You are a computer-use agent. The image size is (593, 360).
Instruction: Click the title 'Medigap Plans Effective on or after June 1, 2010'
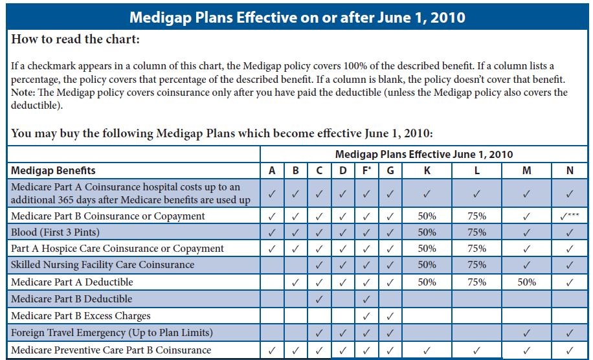click(296, 17)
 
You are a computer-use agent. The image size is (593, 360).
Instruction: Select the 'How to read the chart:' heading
click(76, 39)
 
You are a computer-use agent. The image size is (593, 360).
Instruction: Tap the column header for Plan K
click(427, 171)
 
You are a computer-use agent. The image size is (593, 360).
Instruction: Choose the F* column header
click(367, 171)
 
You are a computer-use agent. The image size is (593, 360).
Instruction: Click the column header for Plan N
click(570, 171)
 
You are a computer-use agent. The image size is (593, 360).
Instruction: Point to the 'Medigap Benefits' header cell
click(54, 171)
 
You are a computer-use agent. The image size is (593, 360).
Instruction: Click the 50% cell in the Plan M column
click(526, 282)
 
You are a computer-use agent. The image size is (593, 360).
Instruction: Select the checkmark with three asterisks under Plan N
click(570, 216)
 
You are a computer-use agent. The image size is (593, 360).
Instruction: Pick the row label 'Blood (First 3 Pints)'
click(55, 232)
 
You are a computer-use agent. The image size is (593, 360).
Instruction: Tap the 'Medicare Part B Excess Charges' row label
click(81, 316)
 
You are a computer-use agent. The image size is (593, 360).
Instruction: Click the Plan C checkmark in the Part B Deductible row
click(319, 299)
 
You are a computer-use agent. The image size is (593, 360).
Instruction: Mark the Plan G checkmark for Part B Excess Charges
click(390, 316)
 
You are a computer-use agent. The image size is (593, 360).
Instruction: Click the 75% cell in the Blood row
click(476, 232)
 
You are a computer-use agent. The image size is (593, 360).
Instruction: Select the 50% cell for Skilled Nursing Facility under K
click(427, 265)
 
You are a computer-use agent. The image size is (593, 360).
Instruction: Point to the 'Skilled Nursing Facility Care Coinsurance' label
click(103, 265)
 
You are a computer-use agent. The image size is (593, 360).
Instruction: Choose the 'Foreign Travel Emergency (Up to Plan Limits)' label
click(111, 333)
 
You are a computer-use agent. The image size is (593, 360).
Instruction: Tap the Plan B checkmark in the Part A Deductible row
click(296, 282)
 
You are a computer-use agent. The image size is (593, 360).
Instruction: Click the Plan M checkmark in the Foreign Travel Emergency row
click(526, 333)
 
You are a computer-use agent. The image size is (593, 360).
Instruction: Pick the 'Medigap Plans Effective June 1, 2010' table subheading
click(424, 155)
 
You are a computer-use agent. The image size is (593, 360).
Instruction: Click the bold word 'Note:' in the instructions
click(24, 92)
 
